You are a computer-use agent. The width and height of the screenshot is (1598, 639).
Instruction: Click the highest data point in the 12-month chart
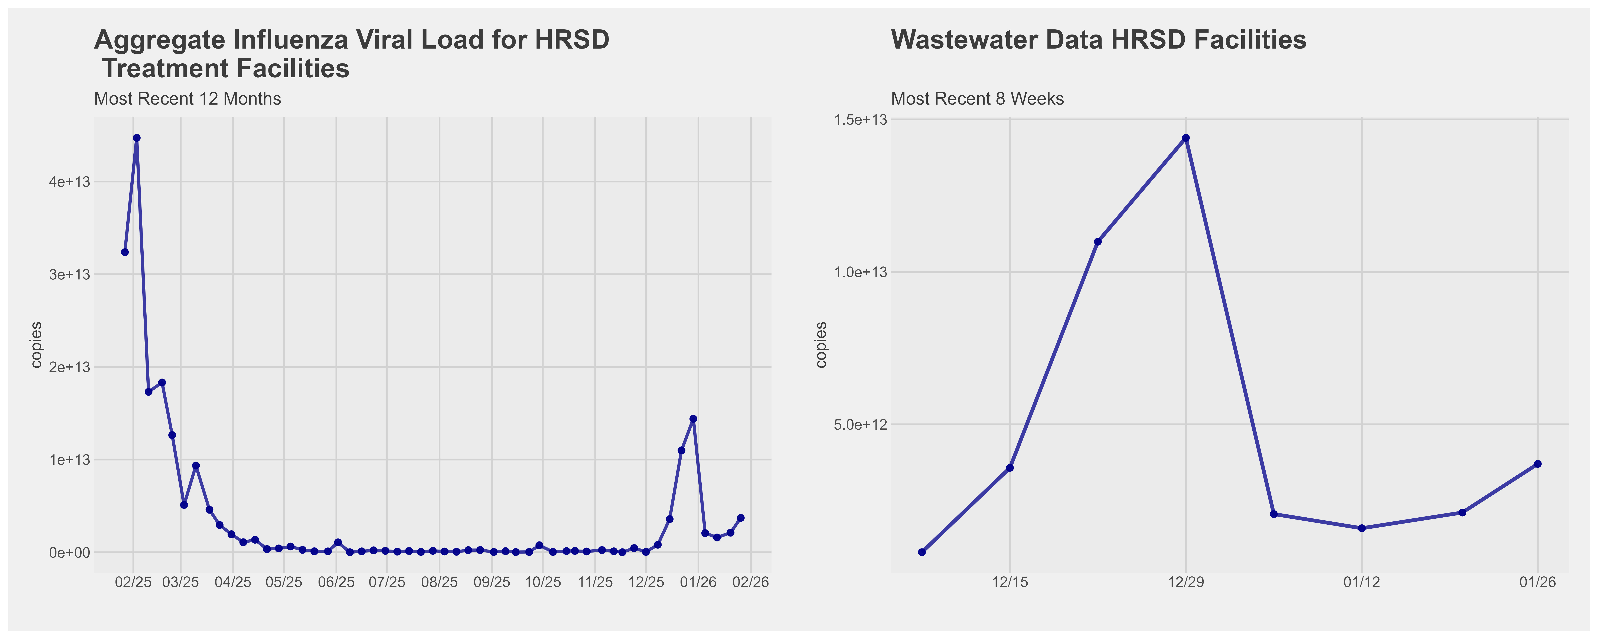(137, 138)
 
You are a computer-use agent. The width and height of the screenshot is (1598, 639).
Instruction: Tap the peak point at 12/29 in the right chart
(1186, 138)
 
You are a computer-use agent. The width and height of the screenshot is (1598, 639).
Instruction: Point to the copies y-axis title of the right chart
(821, 345)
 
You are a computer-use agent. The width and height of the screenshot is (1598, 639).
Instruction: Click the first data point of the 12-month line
(125, 252)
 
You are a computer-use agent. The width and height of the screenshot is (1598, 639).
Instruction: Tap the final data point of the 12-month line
(740, 517)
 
